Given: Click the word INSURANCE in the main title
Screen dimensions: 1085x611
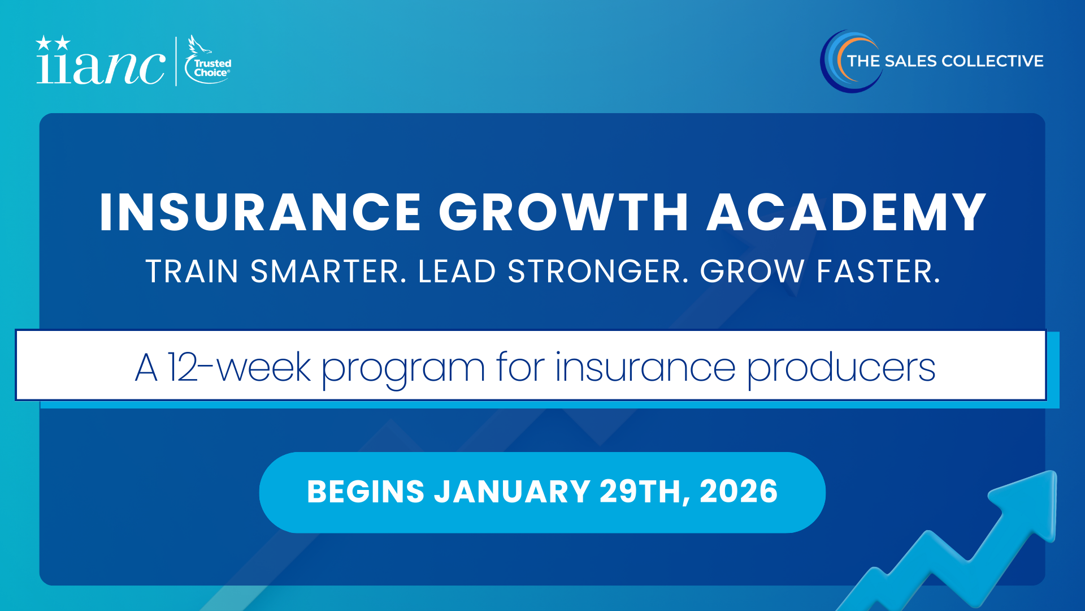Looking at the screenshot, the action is coord(261,212).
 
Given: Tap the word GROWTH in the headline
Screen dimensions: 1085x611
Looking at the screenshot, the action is coord(564,212).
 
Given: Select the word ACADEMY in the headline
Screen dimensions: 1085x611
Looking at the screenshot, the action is coord(847,212).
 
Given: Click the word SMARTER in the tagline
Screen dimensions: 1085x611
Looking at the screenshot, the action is coord(328,272).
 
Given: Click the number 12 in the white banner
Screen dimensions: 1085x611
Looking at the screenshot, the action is coord(183,367).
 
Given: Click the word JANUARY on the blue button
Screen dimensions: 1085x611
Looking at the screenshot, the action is coord(512,491).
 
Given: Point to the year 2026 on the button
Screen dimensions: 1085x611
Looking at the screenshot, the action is coord(739,491).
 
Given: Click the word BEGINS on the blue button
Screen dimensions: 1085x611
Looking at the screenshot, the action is coord(366,491).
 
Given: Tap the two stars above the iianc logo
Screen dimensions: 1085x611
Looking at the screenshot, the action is coord(53,43).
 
